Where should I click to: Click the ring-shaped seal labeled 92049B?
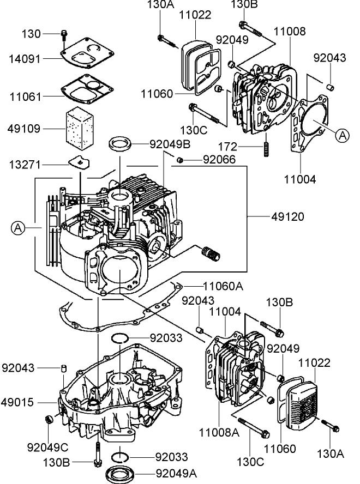(121, 144)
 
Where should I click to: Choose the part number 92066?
(219, 160)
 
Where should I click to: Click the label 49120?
(287, 217)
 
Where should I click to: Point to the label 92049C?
(47, 447)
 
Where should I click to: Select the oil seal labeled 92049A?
(122, 471)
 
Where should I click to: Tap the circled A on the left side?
(18, 228)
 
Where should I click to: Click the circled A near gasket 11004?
(342, 135)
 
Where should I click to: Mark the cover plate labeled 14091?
(87, 56)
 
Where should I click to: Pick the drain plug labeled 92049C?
(48, 419)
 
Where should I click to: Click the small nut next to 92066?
(179, 159)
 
